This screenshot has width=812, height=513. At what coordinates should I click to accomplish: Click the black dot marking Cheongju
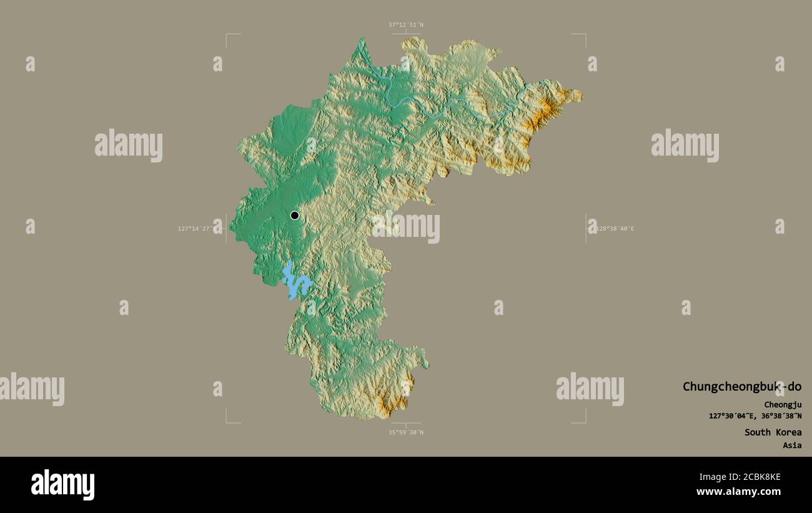(x=294, y=216)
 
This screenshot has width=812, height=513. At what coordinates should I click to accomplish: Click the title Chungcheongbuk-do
(x=741, y=387)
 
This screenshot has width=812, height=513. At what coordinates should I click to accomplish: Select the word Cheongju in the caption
(x=783, y=405)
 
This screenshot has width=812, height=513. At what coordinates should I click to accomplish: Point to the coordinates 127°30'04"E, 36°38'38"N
(x=755, y=416)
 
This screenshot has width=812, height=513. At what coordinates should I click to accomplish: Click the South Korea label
(x=773, y=432)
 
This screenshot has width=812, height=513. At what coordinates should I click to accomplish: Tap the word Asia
(x=792, y=446)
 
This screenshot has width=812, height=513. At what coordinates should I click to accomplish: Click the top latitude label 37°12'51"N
(x=406, y=25)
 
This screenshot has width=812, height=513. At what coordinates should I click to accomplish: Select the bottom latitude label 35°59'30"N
(x=406, y=432)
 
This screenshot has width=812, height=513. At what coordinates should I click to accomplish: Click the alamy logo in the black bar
(x=62, y=485)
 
